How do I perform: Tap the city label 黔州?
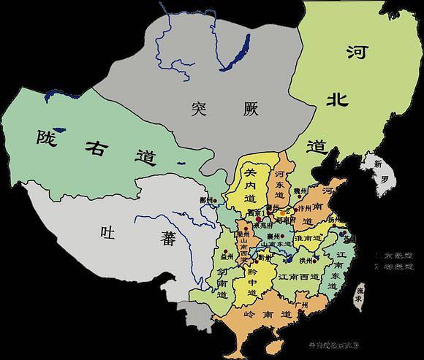click(265, 258)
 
